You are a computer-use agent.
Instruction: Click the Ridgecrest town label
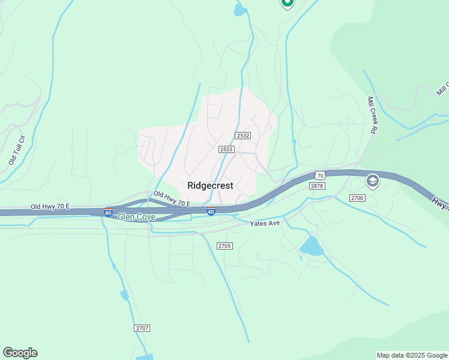(210, 185)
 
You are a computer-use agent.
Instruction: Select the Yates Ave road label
(265, 224)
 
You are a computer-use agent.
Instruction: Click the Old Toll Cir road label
(16, 150)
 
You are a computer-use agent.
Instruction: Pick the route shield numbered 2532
(243, 136)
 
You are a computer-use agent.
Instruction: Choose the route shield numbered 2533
(226, 149)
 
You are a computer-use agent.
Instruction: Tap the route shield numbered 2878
(317, 187)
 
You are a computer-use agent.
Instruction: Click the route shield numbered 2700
(357, 198)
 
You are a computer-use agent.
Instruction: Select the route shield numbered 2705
(224, 246)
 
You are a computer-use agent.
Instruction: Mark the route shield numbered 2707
(142, 328)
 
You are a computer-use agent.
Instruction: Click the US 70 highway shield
(319, 175)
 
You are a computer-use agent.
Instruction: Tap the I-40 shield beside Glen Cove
(108, 212)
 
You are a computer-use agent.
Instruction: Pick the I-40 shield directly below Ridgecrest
(211, 212)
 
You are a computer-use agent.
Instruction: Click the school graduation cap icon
(372, 181)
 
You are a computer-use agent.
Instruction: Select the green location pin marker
(287, 3)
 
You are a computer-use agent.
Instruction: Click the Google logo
(20, 353)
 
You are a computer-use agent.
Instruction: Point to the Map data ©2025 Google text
(412, 355)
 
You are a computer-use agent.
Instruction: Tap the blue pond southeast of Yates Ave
(311, 246)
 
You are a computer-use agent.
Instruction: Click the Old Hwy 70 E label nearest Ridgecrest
(172, 199)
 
